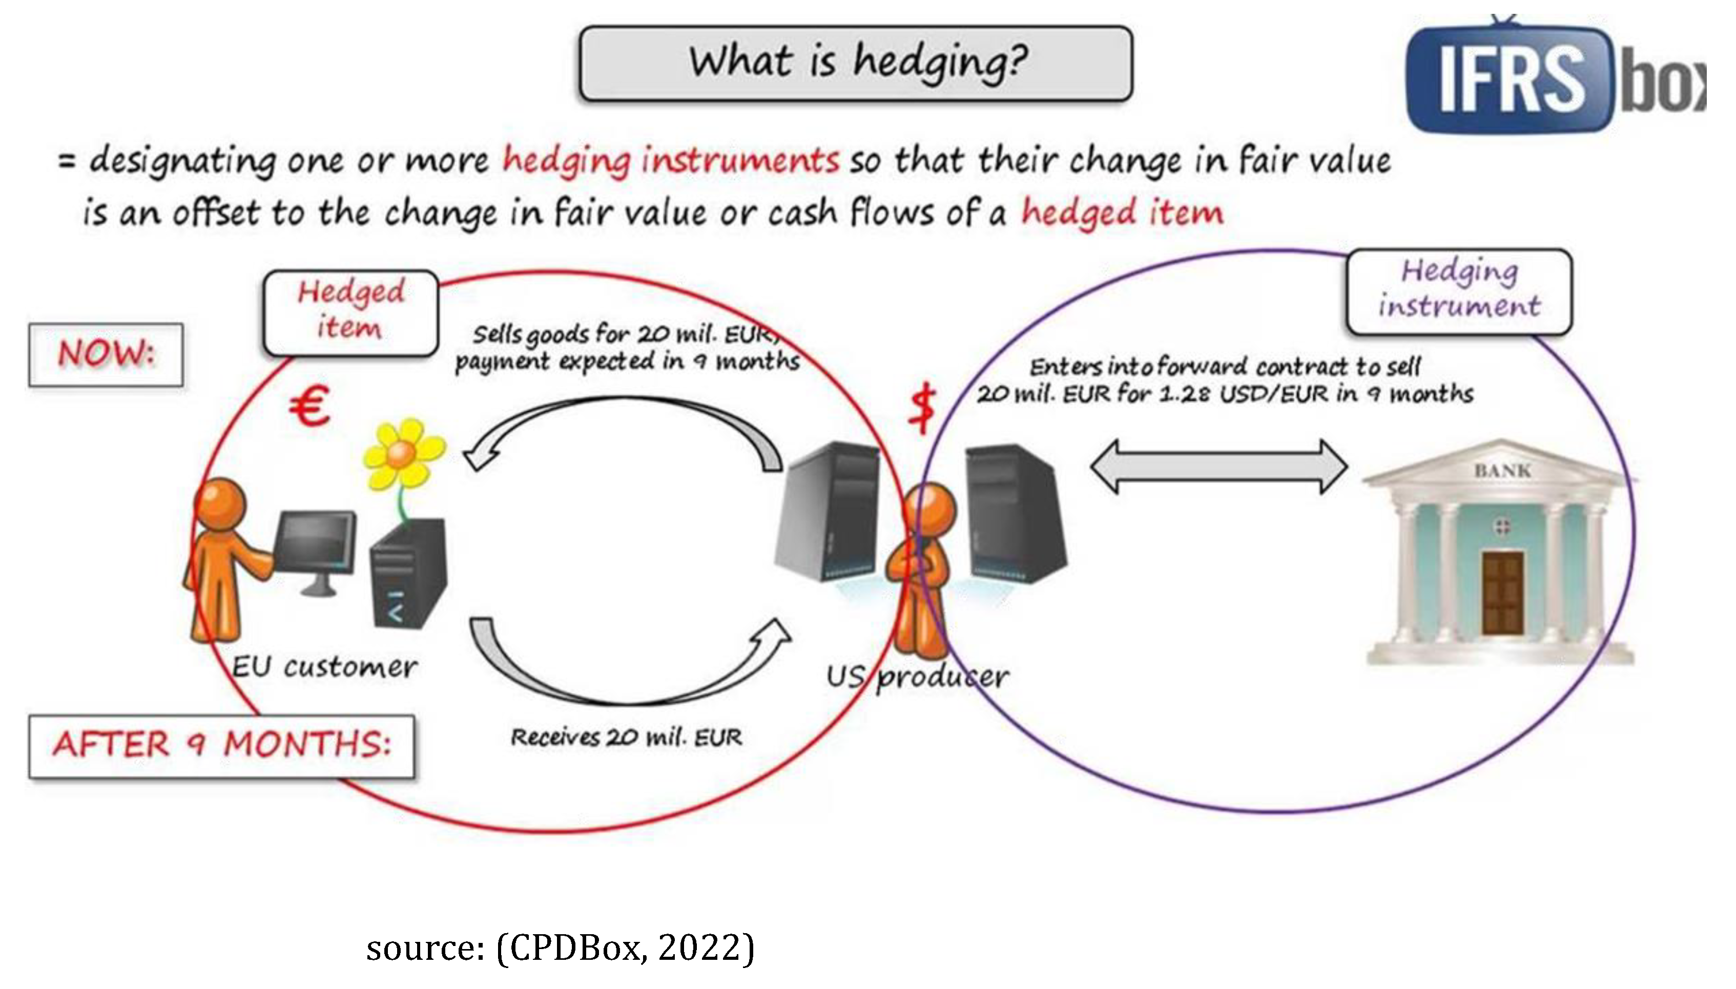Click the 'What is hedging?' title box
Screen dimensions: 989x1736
(855, 63)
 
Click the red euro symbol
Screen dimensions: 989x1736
(310, 406)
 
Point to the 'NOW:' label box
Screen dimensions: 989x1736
(106, 354)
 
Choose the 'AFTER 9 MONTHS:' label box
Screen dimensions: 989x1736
(221, 745)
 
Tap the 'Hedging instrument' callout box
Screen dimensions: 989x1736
(1459, 291)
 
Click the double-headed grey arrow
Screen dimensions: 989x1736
(1218, 467)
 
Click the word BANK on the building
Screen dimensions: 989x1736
(1502, 471)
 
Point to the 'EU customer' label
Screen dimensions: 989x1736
(324, 667)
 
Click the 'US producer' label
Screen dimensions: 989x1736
(917, 677)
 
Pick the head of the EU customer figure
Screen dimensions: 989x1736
(219, 503)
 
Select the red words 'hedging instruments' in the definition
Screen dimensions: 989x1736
(671, 161)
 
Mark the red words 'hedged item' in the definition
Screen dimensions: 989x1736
(1122, 213)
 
